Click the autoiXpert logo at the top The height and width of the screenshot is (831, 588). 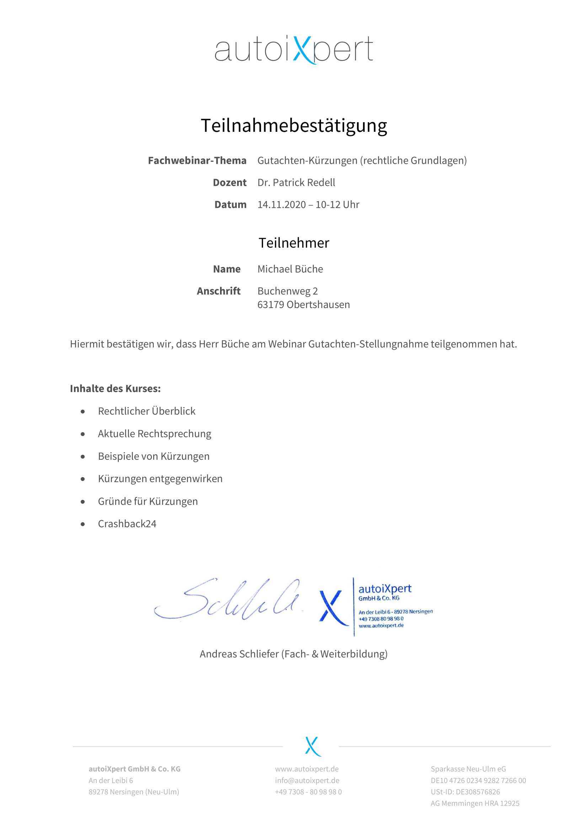point(294,50)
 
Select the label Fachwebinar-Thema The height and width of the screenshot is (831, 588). point(197,160)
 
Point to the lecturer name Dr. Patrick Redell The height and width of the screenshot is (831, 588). point(296,182)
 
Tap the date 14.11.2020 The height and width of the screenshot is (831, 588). point(281,205)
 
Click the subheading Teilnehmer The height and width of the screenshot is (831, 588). point(294,243)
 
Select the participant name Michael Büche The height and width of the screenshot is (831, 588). point(290,269)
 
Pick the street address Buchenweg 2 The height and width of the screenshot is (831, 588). point(288,291)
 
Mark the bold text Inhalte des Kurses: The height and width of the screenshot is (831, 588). point(115,388)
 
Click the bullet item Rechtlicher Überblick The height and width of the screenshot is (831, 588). point(146,411)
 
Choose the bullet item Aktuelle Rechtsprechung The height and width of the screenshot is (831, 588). point(155,433)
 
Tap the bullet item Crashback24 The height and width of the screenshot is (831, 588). point(127,524)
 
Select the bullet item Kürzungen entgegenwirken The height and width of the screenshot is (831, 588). point(160,479)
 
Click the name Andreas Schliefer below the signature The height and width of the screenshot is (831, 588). point(239,654)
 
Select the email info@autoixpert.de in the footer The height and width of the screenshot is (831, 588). point(307,781)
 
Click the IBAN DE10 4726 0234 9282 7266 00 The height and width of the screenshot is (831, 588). point(478,781)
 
